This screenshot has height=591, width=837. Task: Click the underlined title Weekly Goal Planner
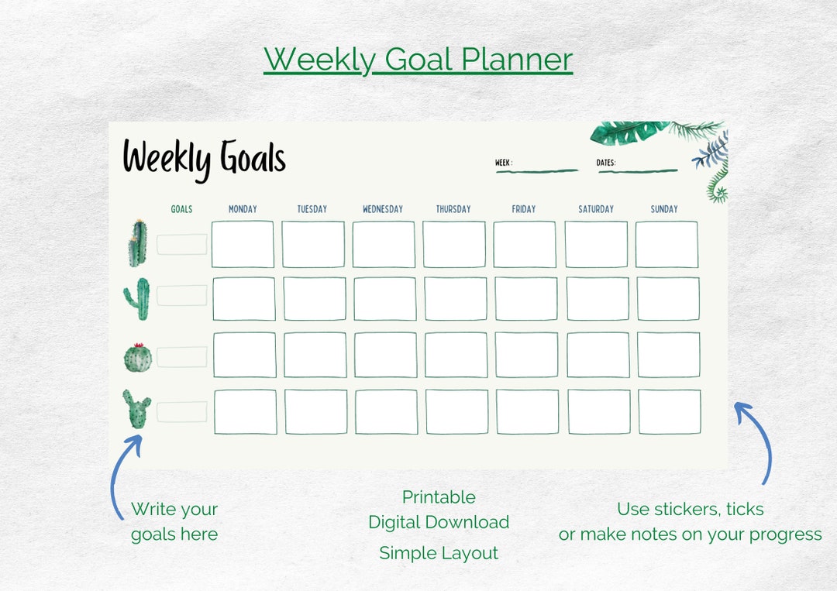[x=418, y=60]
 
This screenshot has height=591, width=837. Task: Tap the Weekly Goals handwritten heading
[x=205, y=159]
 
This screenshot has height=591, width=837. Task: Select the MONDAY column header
[x=243, y=209]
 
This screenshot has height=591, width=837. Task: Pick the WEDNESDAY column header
[x=383, y=209]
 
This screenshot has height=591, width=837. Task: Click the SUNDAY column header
[x=664, y=209]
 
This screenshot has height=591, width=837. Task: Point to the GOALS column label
[x=181, y=209]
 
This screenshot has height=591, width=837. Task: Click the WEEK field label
[x=504, y=163]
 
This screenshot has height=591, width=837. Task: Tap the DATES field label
[x=606, y=163]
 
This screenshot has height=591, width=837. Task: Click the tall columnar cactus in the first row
[x=138, y=243]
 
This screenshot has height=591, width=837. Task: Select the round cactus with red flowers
[x=138, y=357]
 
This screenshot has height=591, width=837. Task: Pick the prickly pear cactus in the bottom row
[x=137, y=409]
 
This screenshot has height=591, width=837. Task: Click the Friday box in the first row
[x=525, y=245]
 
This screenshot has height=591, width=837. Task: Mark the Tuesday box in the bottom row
[x=316, y=412]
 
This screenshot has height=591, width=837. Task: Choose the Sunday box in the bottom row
[x=670, y=412]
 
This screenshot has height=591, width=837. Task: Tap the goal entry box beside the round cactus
[x=182, y=357]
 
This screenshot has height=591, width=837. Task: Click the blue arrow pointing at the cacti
[x=124, y=472]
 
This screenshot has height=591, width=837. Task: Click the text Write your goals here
[x=174, y=521]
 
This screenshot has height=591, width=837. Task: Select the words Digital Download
[x=439, y=522]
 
